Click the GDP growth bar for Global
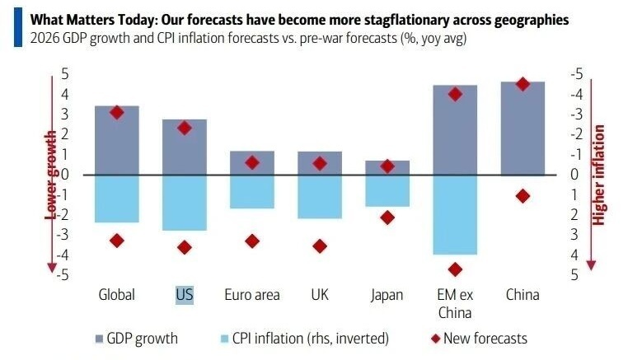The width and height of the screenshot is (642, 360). pyautogui.click(x=117, y=140)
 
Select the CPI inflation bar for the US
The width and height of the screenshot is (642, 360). pyautogui.click(x=185, y=203)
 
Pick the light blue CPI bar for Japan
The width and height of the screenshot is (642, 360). pyautogui.click(x=387, y=190)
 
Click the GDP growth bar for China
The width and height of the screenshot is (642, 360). pyautogui.click(x=523, y=128)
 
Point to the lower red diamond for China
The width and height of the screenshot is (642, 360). pyautogui.click(x=523, y=196)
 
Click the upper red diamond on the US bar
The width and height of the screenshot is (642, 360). pyautogui.click(x=185, y=128)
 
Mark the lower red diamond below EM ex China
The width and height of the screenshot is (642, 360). pyautogui.click(x=455, y=269)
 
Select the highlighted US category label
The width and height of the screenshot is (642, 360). pyautogui.click(x=185, y=294)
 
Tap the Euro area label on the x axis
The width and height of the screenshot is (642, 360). pyautogui.click(x=252, y=294)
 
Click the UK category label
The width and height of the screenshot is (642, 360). pyautogui.click(x=320, y=294)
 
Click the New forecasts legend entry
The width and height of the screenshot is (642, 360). pyautogui.click(x=478, y=338)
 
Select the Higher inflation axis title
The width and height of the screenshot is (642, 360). pyautogui.click(x=599, y=175)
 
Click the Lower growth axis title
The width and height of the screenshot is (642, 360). pyautogui.click(x=50, y=175)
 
